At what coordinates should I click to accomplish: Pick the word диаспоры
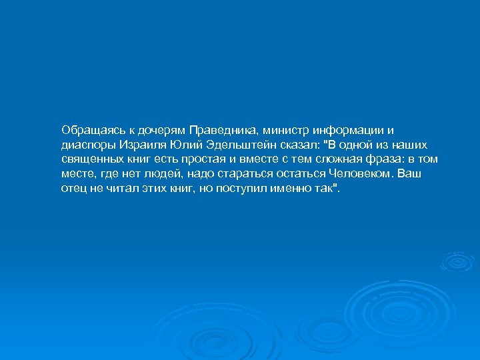(x=85, y=144)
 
